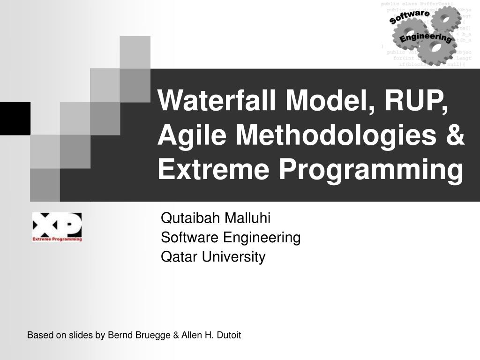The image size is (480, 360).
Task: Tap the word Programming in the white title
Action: click(371, 170)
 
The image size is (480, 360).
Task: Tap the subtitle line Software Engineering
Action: click(231, 238)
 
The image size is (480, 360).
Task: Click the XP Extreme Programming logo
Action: click(57, 226)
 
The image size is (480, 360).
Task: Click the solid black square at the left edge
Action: click(15, 118)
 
